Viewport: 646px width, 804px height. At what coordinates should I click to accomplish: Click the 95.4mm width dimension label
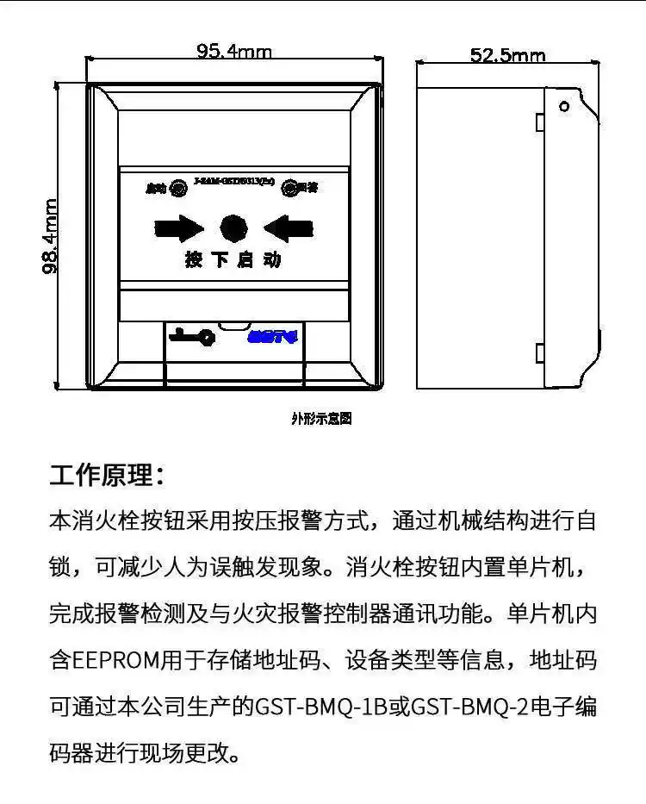tap(234, 52)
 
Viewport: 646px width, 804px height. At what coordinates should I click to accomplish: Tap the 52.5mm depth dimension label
tap(507, 56)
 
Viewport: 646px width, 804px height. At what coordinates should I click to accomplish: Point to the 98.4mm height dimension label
tap(52, 236)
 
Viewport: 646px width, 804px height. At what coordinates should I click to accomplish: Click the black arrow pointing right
tap(179, 228)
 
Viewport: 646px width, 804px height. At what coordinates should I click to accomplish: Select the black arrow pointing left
tap(288, 228)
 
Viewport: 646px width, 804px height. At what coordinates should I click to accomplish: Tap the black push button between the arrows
tap(233, 228)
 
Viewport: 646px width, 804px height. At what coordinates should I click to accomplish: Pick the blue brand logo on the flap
tap(271, 337)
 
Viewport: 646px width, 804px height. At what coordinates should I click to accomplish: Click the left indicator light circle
tap(178, 187)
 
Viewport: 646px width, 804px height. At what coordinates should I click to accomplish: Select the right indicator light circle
tap(289, 187)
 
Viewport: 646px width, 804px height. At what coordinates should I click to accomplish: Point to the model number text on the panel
tap(233, 183)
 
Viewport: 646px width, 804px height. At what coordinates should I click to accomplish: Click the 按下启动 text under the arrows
tap(233, 259)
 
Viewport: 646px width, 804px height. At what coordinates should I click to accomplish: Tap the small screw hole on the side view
tap(564, 107)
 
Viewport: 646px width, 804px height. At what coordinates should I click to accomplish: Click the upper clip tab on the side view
tap(538, 122)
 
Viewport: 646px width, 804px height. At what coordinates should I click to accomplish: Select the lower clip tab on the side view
tap(538, 352)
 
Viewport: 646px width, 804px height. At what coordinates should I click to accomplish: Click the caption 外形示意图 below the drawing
tap(321, 419)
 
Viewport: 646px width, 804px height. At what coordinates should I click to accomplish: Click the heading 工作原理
tap(106, 475)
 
